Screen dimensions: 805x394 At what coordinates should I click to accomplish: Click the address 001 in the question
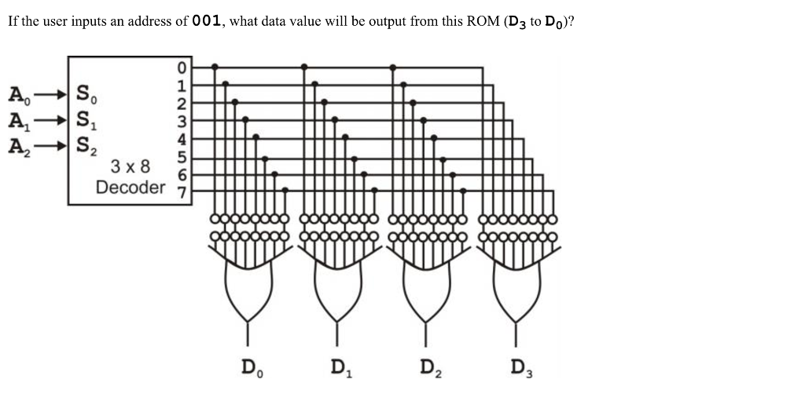click(207, 21)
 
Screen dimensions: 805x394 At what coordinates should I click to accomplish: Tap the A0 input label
click(20, 96)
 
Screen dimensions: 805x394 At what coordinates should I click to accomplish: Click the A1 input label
click(20, 122)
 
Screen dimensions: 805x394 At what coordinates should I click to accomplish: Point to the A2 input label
click(20, 147)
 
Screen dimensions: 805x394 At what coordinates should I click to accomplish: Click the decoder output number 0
click(182, 68)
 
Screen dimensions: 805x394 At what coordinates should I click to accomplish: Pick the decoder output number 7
click(182, 192)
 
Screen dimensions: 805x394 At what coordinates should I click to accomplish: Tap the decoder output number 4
click(182, 139)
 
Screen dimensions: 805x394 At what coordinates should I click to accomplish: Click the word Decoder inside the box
click(131, 188)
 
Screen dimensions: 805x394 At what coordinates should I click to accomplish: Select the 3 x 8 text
click(130, 166)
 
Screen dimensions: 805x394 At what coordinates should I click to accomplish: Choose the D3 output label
click(521, 368)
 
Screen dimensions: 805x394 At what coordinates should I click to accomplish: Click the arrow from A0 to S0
click(50, 95)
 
